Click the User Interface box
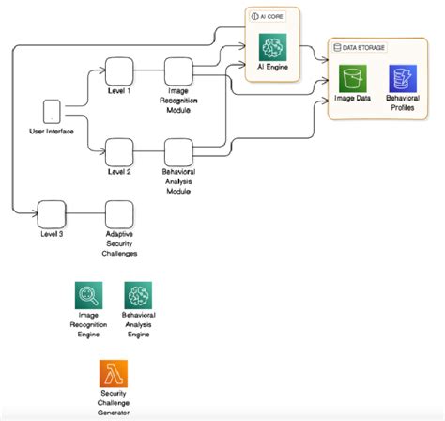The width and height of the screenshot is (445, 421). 52,112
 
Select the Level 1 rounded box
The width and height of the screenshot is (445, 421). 118,71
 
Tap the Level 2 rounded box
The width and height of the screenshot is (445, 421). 118,151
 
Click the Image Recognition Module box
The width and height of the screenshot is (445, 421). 178,72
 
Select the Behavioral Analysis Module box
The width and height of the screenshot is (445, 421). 178,151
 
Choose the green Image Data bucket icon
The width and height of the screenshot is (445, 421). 353,79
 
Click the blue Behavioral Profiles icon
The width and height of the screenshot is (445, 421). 404,79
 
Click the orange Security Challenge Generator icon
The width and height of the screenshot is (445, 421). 114,371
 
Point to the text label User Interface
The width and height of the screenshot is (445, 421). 52,131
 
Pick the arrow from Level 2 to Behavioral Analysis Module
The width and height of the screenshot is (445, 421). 148,151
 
